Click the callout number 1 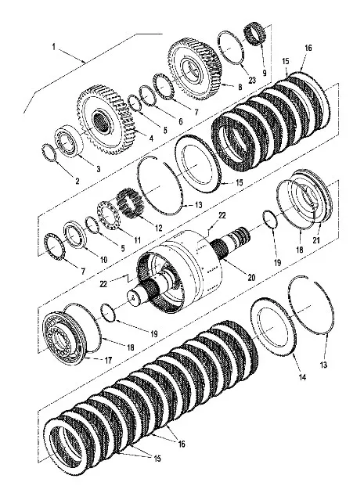(54, 47)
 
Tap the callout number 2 (77, 181)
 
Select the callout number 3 (98, 169)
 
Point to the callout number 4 (151, 138)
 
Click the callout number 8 (240, 87)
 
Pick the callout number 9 (265, 73)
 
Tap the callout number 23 (252, 80)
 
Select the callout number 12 (159, 228)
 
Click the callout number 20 (251, 277)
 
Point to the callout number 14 (302, 376)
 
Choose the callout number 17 (108, 360)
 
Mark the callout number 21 (316, 240)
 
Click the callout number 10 (103, 260)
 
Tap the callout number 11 (137, 240)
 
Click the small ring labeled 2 (49, 153)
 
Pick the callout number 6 (180, 121)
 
